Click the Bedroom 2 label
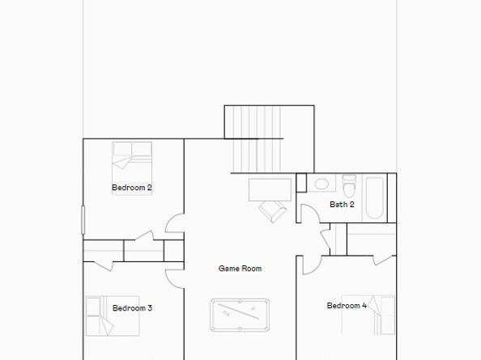(x=132, y=188)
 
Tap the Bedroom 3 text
(x=132, y=307)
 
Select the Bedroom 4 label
(x=347, y=306)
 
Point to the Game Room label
(x=240, y=269)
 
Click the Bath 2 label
(x=342, y=205)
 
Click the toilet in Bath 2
(x=349, y=185)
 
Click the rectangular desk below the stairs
(x=269, y=189)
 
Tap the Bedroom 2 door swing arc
(x=174, y=224)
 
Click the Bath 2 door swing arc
(x=308, y=214)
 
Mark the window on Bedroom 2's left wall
(x=83, y=221)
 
